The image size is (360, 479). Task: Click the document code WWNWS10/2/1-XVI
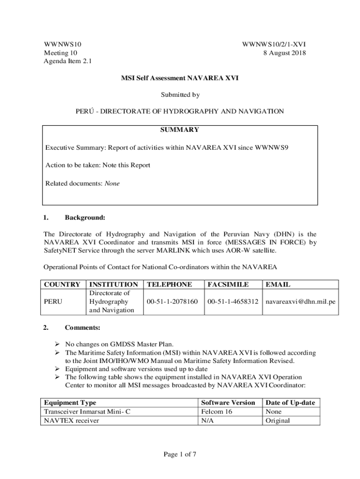tap(274, 44)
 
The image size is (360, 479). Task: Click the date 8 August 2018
tap(284, 53)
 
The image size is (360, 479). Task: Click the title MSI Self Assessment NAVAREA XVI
tap(180, 78)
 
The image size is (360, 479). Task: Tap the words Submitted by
tap(180, 94)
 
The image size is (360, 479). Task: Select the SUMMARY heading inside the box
tap(180, 130)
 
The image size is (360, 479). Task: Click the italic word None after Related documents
tap(112, 183)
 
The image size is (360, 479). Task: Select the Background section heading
tap(85, 218)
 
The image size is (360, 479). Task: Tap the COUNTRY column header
tap(62, 284)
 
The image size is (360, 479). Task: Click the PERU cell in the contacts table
tap(53, 302)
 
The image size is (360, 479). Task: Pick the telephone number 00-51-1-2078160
tap(172, 302)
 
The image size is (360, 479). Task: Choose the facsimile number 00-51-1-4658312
tap(233, 302)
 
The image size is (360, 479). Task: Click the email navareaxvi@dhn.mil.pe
tap(300, 302)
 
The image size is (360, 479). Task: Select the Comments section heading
tap(82, 327)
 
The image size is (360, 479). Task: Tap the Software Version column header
tap(228, 402)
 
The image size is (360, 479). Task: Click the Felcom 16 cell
tap(216, 412)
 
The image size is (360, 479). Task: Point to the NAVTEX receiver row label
tap(71, 420)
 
